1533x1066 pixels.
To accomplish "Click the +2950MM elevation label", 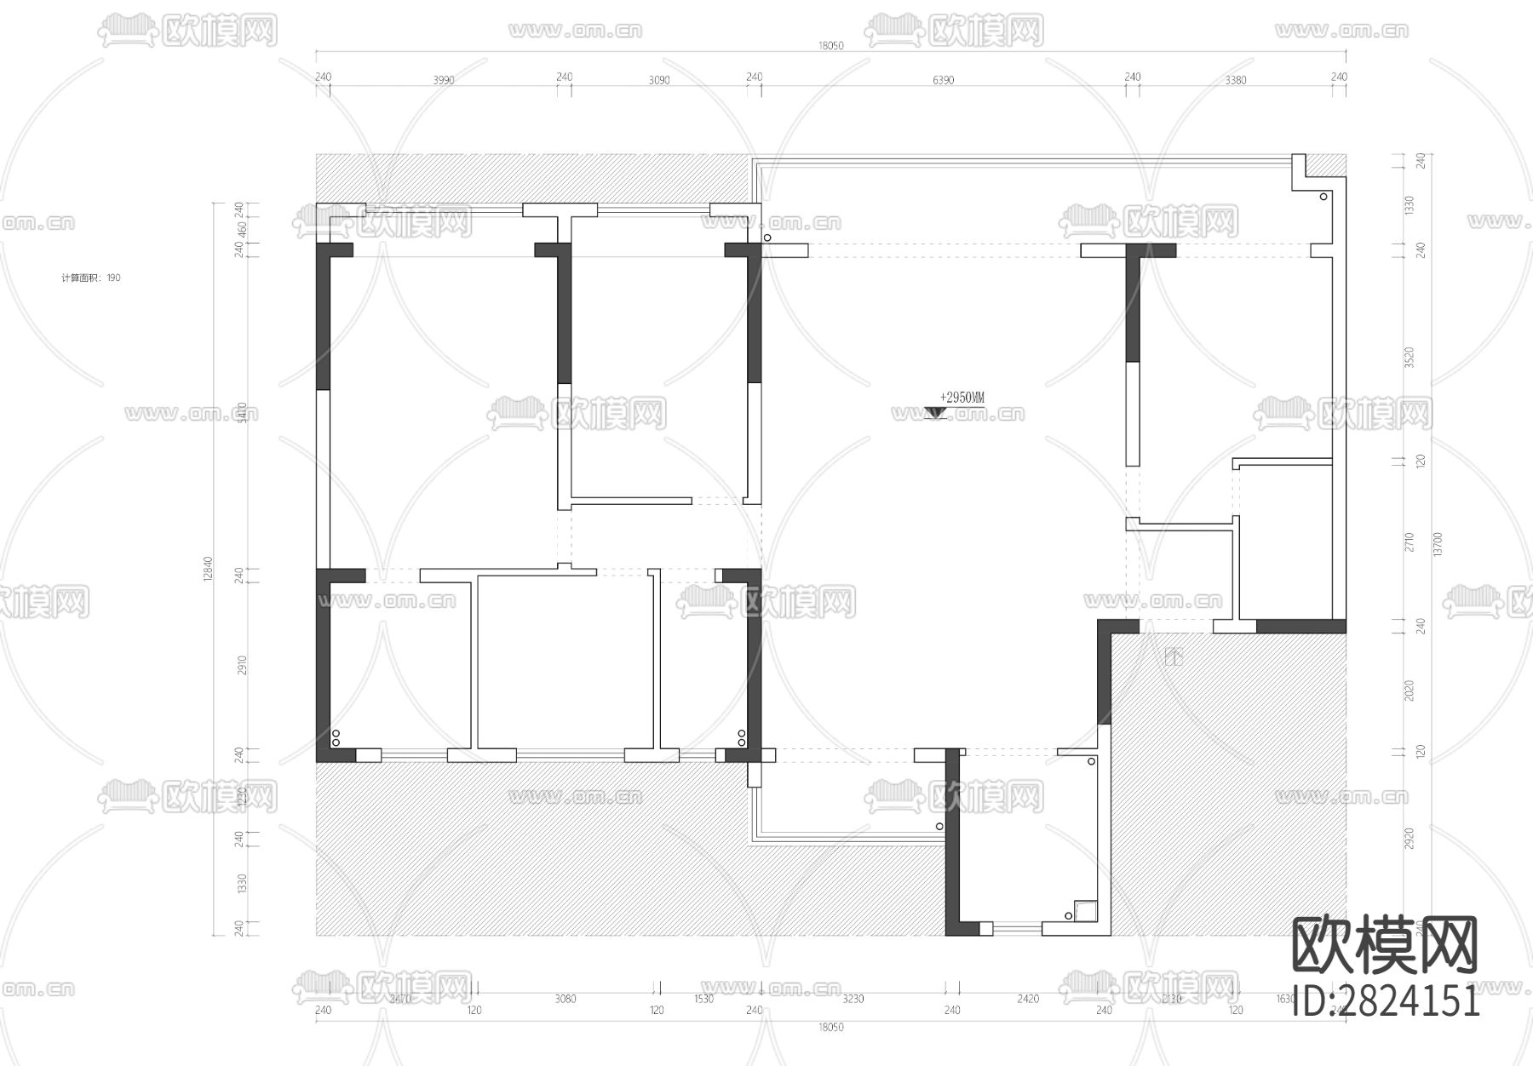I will [962, 398].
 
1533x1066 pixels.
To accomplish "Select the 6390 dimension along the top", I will [943, 81].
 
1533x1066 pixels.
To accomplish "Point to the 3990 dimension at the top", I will [444, 81].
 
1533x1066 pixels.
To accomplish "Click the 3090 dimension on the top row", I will [659, 81].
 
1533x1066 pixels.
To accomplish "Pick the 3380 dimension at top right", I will [1235, 81].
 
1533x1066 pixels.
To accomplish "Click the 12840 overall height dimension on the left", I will [208, 570].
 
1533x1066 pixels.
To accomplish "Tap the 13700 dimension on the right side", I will [1438, 544].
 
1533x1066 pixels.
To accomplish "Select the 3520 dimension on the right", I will [1409, 357].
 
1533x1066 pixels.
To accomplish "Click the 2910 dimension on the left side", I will [241, 665].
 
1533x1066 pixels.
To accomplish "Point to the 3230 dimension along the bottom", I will [853, 999].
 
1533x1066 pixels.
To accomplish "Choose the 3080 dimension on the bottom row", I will [566, 999].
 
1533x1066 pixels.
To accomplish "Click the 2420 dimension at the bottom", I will [1028, 999].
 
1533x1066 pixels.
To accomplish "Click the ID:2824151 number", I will [1386, 1000].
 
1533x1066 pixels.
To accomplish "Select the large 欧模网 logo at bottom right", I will [1386, 946].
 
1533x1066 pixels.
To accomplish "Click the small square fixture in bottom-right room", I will [1085, 911].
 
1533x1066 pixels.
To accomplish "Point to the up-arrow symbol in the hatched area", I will [1174, 656].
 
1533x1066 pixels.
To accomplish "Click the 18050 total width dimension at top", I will [830, 46].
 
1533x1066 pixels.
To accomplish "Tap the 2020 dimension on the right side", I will [1409, 691].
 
